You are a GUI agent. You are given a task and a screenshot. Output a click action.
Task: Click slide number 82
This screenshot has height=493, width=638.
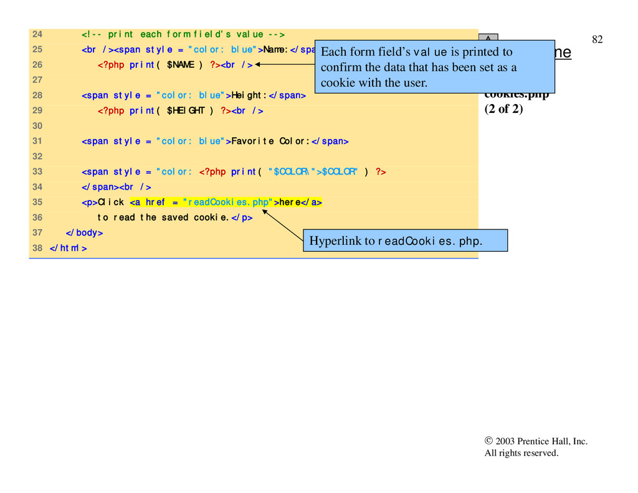[597, 40]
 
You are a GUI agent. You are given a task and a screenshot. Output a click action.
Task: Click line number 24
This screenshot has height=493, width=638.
[37, 34]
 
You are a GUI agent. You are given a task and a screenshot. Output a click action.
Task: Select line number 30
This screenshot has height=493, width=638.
[37, 126]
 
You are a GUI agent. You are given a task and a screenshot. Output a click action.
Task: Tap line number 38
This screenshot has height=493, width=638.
[37, 248]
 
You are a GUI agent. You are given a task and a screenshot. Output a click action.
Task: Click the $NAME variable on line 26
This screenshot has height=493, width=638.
[181, 65]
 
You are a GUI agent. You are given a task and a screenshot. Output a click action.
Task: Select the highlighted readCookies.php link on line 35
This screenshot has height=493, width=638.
[226, 202]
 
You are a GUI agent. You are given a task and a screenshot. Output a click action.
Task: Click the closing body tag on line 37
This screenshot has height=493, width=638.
[84, 232]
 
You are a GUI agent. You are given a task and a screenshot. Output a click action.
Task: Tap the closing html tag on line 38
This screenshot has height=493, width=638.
[68, 248]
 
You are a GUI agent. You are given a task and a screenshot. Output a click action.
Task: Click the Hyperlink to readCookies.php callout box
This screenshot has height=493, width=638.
[405, 241]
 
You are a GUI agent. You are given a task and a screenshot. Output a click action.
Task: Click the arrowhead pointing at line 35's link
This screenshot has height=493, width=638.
[265, 213]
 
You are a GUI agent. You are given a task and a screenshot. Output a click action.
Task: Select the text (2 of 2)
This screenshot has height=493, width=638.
[503, 110]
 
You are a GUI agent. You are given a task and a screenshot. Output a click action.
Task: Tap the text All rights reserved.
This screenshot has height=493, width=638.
[521, 453]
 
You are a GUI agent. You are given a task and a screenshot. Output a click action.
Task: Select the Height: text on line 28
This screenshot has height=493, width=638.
[249, 95]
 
